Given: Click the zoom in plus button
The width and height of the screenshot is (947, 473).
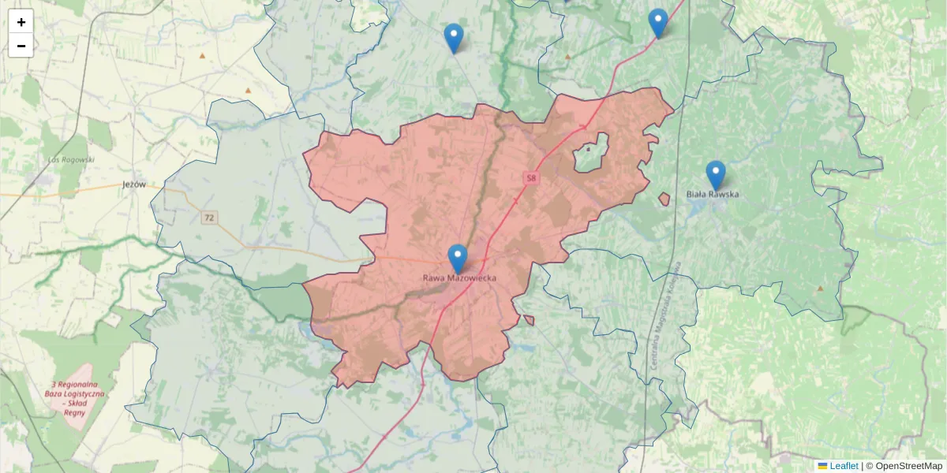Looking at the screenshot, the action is point(21,22).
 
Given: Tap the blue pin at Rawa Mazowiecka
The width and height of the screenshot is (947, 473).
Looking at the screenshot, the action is point(458,259).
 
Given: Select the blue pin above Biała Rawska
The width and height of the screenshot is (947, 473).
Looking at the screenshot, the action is point(716,175).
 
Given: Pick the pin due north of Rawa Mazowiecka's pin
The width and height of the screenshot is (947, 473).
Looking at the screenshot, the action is point(454,38).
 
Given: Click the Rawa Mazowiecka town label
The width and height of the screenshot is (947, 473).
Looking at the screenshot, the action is point(459,278).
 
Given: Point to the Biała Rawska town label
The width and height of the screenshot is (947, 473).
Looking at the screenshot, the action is point(713,194).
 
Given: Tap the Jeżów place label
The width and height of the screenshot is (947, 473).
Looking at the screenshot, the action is point(134,184).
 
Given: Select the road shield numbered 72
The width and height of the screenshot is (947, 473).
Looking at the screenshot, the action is point(208,217).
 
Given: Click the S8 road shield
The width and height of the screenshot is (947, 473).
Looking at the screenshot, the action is point(531,179).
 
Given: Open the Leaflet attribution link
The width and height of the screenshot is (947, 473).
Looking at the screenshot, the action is point(843,466).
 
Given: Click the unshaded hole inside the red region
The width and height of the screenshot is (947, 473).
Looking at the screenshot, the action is point(592,154).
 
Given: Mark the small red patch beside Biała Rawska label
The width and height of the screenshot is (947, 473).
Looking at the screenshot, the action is point(664,199).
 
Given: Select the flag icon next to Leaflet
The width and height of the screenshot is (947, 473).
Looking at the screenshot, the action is point(822,466).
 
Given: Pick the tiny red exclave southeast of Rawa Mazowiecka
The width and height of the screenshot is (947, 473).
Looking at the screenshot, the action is point(528,319).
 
